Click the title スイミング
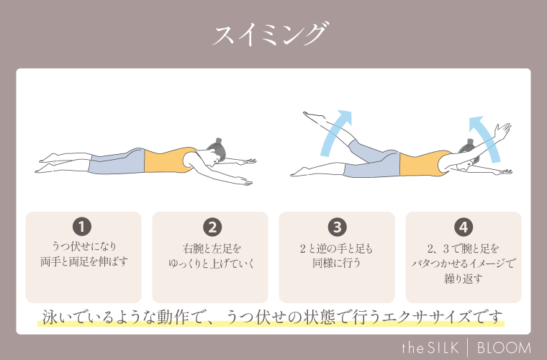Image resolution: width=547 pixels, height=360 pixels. point(273,34)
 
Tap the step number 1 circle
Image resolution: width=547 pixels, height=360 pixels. point(83,227)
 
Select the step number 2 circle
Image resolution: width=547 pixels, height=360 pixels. point(211,227)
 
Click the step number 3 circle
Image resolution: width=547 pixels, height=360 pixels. point(337,227)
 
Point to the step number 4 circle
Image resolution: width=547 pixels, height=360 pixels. point(464,227)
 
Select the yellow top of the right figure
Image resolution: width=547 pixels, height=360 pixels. point(422,163)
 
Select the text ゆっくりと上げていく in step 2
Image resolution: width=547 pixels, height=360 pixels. point(210,263)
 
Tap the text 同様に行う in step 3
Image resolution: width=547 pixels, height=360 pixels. point(337,263)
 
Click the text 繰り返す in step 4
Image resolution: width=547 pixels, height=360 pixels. point(463,279)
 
